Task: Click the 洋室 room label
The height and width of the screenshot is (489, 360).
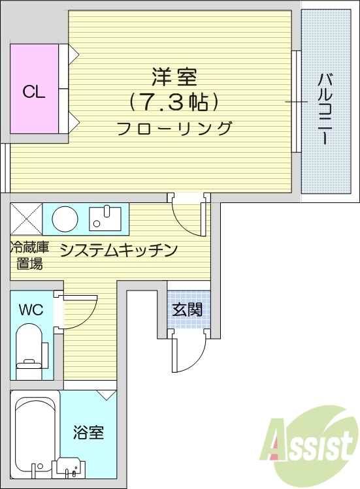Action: pos(174,78)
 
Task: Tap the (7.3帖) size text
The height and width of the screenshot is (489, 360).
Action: pos(174,102)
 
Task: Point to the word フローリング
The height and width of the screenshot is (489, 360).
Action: pos(174,128)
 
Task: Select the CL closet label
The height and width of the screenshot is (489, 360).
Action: pos(34,92)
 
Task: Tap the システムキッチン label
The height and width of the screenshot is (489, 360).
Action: pos(119,249)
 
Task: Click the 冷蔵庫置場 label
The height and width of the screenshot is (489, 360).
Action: pos(29,255)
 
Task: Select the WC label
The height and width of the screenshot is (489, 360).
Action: pos(31,309)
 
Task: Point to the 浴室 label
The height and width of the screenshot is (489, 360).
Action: pos(88,432)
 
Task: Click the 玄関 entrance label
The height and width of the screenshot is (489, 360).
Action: pos(187,309)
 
